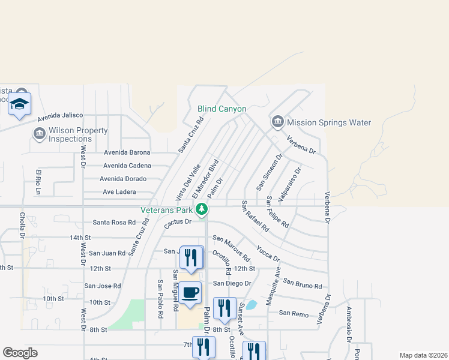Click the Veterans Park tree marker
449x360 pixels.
pyautogui.click(x=203, y=209)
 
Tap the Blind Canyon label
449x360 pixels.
pyautogui.click(x=222, y=109)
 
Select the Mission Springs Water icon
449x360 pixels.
pyautogui.click(x=277, y=122)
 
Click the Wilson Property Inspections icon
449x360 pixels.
pyautogui.click(x=40, y=133)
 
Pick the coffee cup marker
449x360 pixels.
pyautogui.click(x=190, y=293)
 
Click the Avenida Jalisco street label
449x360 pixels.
pyautogui.click(x=60, y=115)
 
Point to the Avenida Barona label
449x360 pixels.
pyautogui.click(x=127, y=152)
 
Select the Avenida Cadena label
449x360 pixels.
pyautogui.click(x=127, y=166)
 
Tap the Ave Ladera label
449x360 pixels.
pyautogui.click(x=119, y=192)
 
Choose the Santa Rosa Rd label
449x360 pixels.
pyautogui.click(x=114, y=222)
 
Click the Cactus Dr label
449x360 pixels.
pyautogui.click(x=177, y=223)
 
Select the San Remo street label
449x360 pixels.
pyautogui.click(x=294, y=313)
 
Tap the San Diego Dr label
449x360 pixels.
pyautogui.click(x=232, y=283)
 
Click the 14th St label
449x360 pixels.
pyautogui.click(x=79, y=238)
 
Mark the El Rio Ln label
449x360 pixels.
pyautogui.click(x=38, y=182)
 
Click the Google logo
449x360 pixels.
pyautogui.click(x=20, y=353)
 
